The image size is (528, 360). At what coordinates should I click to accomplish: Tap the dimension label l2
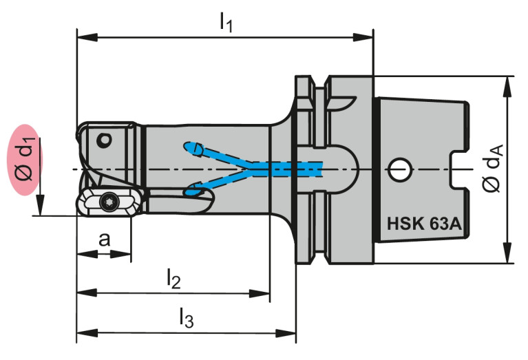coord(173,279)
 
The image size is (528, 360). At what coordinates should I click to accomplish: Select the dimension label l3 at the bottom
coord(186,318)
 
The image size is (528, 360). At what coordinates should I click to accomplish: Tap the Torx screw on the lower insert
coord(107,202)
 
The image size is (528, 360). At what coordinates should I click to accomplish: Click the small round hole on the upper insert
coord(103,140)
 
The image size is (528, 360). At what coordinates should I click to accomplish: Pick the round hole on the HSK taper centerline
coord(399,167)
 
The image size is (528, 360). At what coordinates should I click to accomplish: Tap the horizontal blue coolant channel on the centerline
coord(289,167)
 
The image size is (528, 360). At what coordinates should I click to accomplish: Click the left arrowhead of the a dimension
coord(81,254)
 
